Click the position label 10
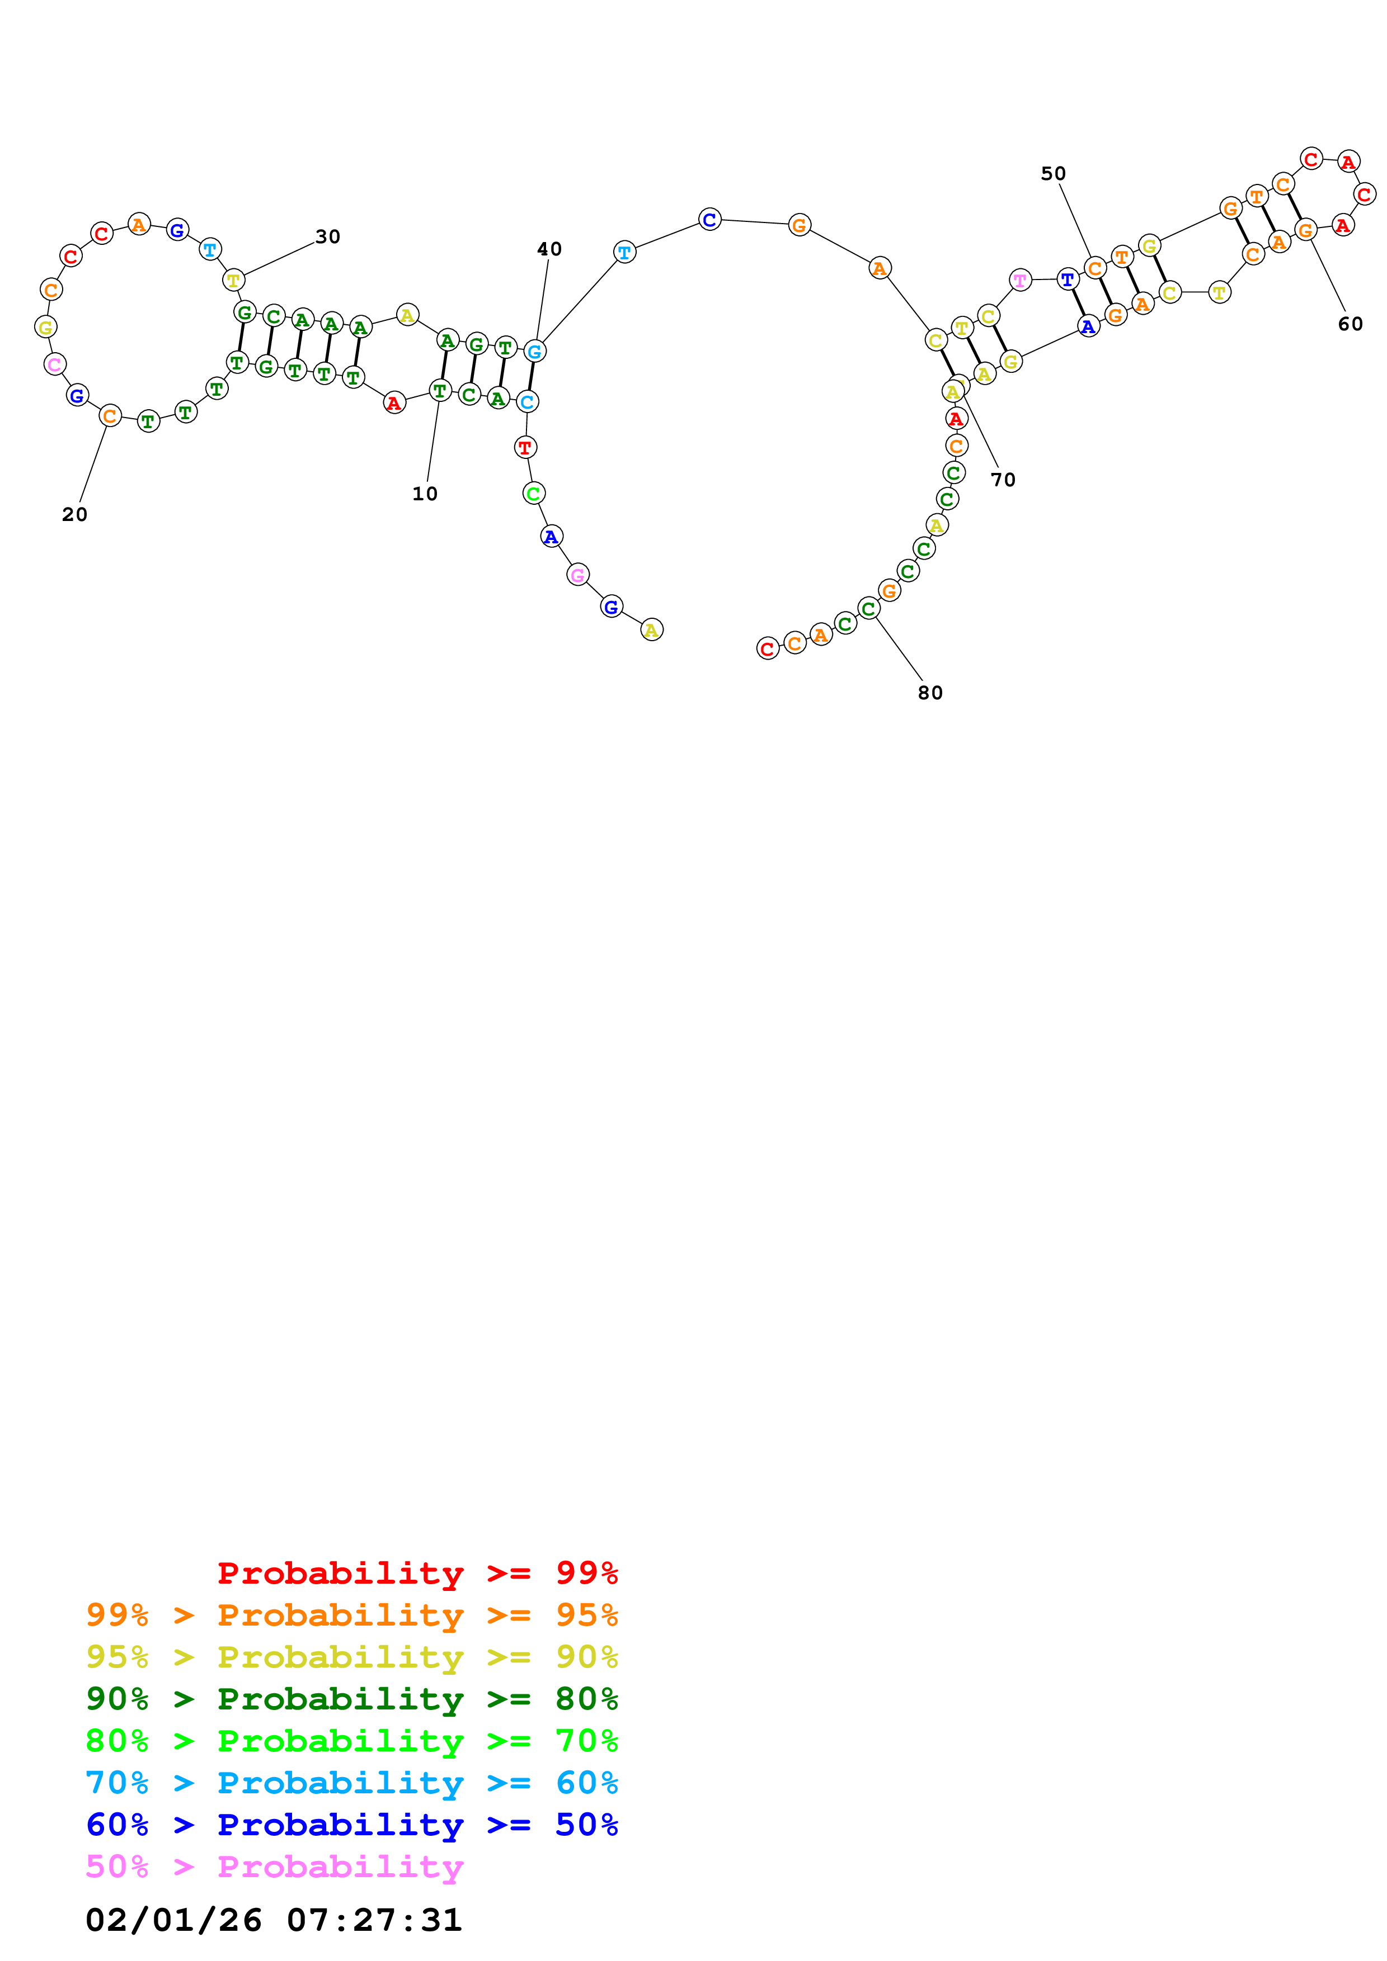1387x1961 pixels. pyautogui.click(x=425, y=494)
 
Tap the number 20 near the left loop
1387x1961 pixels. pyautogui.click(x=74, y=514)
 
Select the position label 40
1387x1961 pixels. pyautogui.click(x=549, y=249)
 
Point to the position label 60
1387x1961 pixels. pyautogui.click(x=1350, y=324)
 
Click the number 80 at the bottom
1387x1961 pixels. pyautogui.click(x=930, y=693)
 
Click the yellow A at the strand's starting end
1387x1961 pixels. pyautogui.click(x=651, y=631)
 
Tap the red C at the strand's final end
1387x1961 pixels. pyautogui.click(x=768, y=649)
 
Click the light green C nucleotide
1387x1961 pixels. pyautogui.click(x=533, y=494)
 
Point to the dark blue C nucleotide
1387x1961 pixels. pyautogui.click(x=709, y=220)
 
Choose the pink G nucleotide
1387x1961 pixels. pyautogui.click(x=578, y=575)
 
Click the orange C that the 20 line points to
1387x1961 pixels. pyautogui.click(x=110, y=416)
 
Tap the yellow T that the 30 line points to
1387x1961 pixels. pyautogui.click(x=233, y=280)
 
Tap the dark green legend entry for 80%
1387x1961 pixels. pyautogui.click(x=352, y=1699)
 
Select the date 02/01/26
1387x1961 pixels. pyautogui.click(x=173, y=1920)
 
